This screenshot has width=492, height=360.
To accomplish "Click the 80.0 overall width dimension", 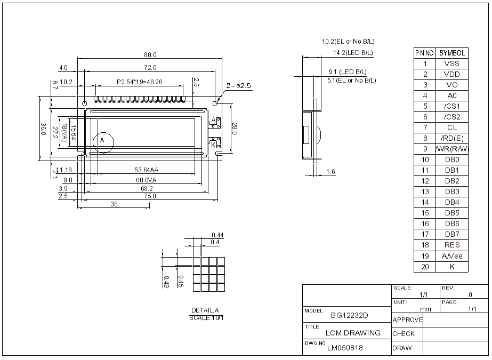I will (x=150, y=55).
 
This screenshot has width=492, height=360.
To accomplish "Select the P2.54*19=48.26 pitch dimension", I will (x=140, y=82).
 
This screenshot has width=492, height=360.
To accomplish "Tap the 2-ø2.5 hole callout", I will (x=238, y=85).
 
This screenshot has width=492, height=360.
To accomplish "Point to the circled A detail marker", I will (x=103, y=141).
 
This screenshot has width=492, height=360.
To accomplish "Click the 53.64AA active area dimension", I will (x=147, y=170).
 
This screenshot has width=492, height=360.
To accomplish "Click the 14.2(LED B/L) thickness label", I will (x=353, y=53).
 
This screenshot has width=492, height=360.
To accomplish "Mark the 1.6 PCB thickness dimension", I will (x=330, y=172).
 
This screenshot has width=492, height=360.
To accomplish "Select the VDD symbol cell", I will (x=451, y=74).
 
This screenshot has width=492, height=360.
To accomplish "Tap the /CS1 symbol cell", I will (x=451, y=106).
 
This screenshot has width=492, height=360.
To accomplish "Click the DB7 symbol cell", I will (x=451, y=234).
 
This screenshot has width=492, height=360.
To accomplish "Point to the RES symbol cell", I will (x=451, y=245).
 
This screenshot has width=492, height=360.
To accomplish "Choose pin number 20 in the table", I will (x=425, y=267).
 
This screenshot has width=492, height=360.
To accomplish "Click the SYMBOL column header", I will (x=451, y=53).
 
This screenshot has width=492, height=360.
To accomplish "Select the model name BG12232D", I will (x=350, y=315).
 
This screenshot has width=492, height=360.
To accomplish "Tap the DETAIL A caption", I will (x=205, y=310).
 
